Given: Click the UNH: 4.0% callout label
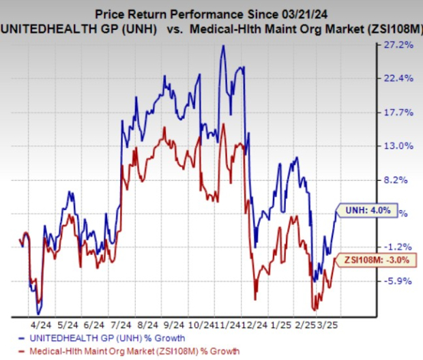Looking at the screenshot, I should pos(365,211).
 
